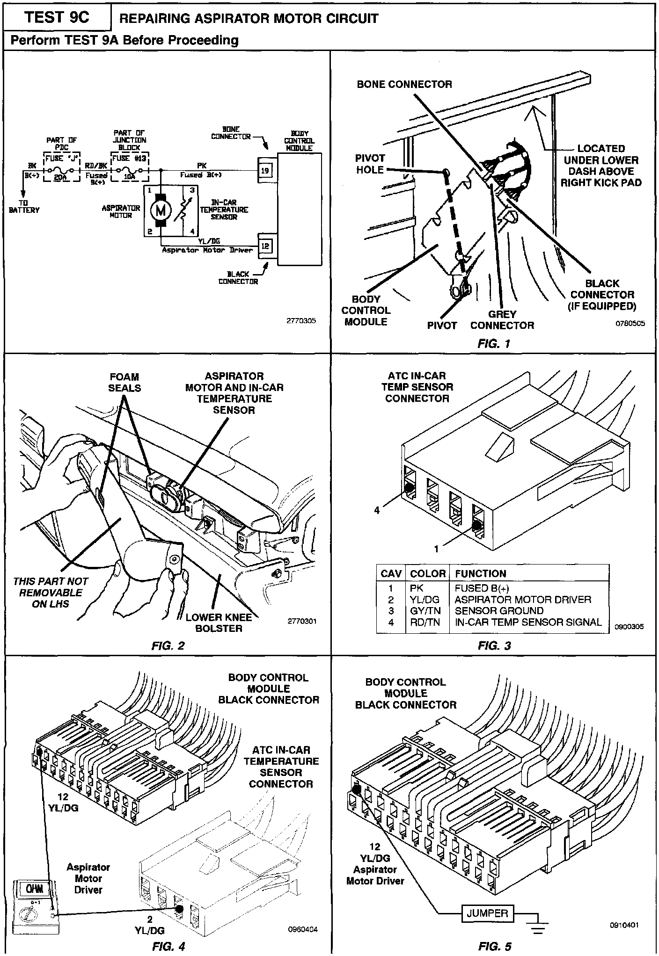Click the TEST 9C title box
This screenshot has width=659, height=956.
[x=57, y=17]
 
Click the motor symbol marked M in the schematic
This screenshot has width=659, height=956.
[x=161, y=210]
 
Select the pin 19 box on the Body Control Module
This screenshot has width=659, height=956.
[x=265, y=170]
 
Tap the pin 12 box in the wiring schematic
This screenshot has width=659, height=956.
[x=265, y=246]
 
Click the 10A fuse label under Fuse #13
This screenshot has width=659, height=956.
[x=129, y=177]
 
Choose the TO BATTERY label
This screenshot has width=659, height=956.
[x=24, y=207]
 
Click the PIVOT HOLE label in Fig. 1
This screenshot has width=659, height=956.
[x=370, y=164]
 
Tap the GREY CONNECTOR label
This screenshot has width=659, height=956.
[x=502, y=320]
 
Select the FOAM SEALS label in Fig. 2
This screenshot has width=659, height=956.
[x=124, y=382]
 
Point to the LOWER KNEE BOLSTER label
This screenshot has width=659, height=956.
[x=219, y=623]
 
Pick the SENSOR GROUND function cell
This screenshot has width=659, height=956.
[x=499, y=611]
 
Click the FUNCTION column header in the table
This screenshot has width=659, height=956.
[x=480, y=573]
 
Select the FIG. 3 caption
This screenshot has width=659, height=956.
[x=494, y=646]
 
